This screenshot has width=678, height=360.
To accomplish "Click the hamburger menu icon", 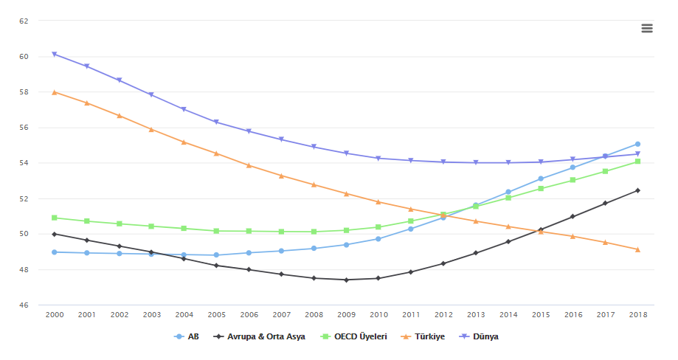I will coord(647,28).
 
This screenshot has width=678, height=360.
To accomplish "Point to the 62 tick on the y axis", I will coord(24,21).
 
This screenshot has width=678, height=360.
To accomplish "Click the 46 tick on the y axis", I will coord(24,305).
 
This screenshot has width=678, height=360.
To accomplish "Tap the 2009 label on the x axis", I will coord(346,315).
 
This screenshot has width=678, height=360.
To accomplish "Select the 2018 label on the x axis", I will coord(637,315).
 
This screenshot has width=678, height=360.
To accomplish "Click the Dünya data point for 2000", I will coord(55,54).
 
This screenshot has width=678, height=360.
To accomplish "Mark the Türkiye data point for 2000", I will coord(55,92).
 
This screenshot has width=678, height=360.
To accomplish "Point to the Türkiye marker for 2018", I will coord(637,249).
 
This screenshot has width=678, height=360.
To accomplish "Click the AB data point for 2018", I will coord(637,144).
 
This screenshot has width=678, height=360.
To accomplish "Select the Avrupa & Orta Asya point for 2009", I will coord(346,280).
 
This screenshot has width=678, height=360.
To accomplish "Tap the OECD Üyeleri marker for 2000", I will coord(55,218).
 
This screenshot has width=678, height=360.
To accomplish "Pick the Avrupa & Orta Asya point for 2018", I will coord(637,190).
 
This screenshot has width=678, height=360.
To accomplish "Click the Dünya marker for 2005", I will coord(216,122).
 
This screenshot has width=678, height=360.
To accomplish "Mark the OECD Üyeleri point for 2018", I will coord(637,161).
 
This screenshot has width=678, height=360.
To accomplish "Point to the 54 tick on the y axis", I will coord(24,163).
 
